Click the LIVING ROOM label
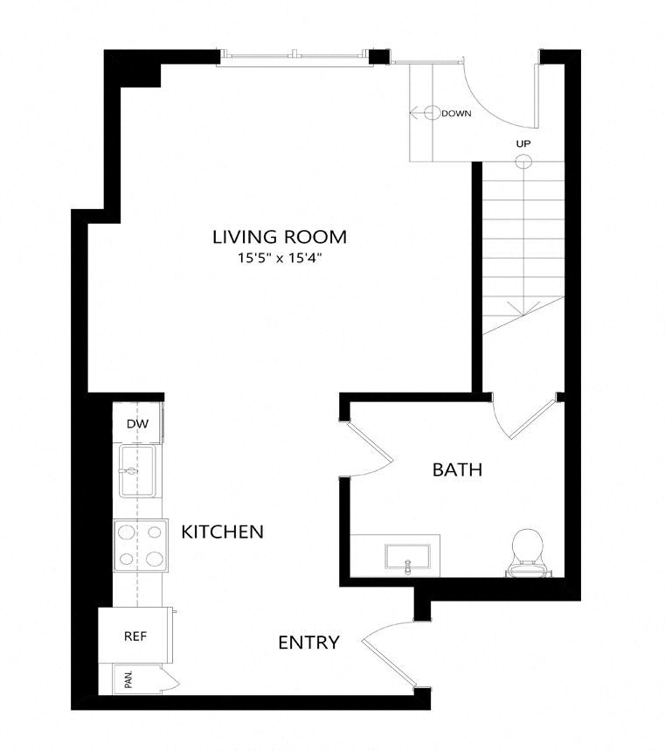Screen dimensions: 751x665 coord(280,236)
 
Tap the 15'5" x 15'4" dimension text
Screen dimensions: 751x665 coord(280,258)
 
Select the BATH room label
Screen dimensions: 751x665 coord(458,470)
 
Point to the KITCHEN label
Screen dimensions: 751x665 coord(222,532)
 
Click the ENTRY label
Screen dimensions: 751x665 coord(308,643)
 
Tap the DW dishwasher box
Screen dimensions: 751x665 coord(137,424)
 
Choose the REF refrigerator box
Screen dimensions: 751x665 coord(135,636)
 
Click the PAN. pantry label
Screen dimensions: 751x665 coord(128,680)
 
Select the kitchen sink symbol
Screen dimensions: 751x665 coord(136,471)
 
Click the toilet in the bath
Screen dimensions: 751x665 coord(527,553)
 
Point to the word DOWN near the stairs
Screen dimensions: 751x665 coord(457,114)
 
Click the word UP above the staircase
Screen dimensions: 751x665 coord(523,143)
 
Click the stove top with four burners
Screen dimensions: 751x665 coord(140,545)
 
